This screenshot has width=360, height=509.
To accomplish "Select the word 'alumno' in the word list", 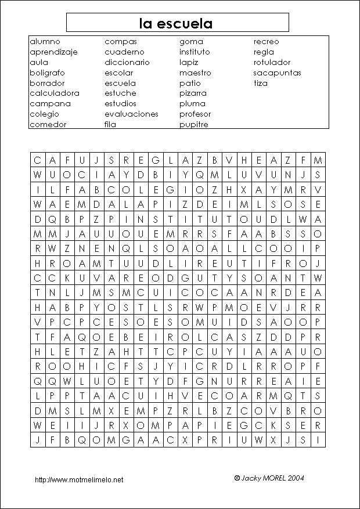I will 45,42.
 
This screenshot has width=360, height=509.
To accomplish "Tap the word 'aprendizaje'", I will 53,52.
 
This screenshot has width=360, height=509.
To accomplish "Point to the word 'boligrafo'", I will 47,73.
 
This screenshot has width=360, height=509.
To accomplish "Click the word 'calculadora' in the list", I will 55,93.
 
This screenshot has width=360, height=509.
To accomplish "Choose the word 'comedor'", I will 48,125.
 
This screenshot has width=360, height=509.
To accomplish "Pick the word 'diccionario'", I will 127,63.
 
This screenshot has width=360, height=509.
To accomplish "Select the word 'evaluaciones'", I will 131,114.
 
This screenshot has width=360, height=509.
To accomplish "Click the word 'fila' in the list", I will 110,125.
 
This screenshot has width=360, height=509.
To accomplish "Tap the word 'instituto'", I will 195,52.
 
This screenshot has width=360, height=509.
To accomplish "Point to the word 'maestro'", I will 195,73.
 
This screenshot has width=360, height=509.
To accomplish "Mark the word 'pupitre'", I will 193,125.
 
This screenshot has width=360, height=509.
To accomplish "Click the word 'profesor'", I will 195,114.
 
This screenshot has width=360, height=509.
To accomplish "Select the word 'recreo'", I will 266,42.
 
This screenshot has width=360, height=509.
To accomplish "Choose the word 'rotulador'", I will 272,63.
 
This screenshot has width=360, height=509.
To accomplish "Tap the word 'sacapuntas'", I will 277,73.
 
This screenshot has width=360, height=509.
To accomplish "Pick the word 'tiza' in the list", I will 260,84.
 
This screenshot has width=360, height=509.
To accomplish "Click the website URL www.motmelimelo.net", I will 79,480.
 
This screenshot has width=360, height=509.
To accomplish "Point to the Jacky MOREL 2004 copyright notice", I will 269,478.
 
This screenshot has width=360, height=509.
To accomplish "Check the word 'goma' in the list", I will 191,42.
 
